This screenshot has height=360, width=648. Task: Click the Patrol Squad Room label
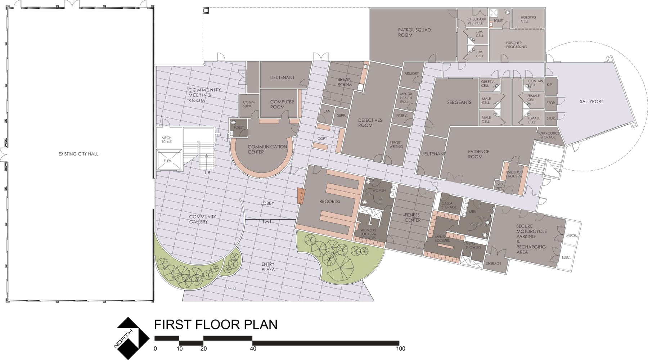coord(414,32)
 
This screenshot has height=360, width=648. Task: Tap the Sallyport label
coord(591,102)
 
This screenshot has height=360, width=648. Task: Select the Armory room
coord(411,76)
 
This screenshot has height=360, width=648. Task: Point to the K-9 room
coord(551,85)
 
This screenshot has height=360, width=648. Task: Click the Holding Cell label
coord(528,19)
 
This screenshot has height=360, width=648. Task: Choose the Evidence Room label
coord(478,154)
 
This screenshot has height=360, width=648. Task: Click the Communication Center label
coord(267,149)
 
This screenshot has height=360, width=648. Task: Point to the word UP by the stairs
coord(207,172)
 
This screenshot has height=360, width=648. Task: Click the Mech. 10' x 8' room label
coord(167,140)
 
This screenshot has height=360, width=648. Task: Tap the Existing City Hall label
coord(78,154)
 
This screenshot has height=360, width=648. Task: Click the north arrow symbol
coord(133,338)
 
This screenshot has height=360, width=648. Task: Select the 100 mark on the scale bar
coord(400,348)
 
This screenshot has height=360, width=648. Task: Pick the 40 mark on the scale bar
coord(253,348)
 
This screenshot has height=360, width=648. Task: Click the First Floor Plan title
coord(216,324)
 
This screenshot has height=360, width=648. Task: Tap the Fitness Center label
coord(412,217)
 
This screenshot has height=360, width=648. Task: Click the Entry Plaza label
coord(268,267)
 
